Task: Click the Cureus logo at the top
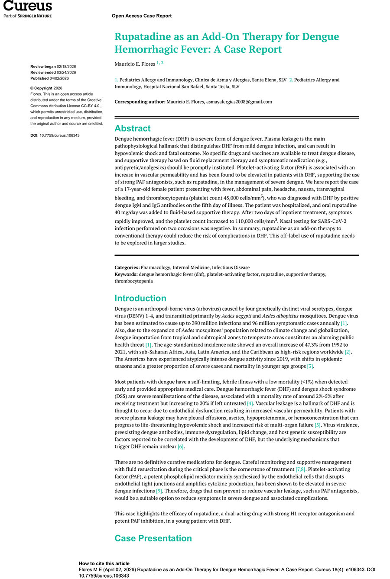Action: [x=28, y=6]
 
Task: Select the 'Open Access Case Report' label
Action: [x=142, y=16]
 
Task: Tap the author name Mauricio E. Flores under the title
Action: [x=135, y=64]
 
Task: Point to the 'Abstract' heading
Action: [x=133, y=128]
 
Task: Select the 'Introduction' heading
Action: [x=140, y=298]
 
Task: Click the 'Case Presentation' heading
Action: [x=153, y=538]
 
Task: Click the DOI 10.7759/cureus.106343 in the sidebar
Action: [x=59, y=135]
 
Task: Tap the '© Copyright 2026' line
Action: [x=46, y=88]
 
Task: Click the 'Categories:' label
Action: [x=127, y=267]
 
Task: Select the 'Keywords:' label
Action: [x=126, y=274]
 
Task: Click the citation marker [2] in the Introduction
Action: [x=348, y=352]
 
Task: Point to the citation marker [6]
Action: [x=181, y=447]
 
